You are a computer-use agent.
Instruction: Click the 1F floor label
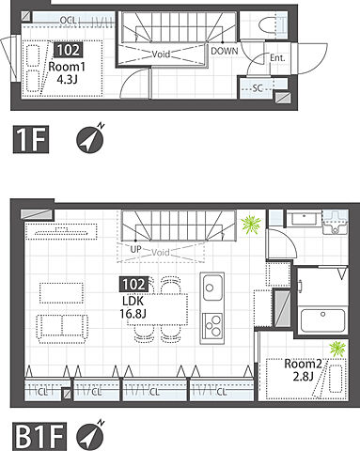31,139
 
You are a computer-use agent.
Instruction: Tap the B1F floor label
39,437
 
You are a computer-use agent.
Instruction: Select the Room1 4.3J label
67,73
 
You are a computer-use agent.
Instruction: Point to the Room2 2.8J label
303,370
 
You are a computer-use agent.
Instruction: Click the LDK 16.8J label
133,307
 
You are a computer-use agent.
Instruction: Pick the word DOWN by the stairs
225,51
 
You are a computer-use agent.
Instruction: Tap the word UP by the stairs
135,249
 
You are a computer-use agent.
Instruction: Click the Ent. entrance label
277,58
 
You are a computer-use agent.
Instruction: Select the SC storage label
258,88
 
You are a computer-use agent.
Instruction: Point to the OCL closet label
68,21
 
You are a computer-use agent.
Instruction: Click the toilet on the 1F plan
270,24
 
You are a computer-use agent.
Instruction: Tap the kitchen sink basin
212,287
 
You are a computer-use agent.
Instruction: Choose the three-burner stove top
212,326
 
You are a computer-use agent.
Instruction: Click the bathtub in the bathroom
322,321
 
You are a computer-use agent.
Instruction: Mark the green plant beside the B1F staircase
251,225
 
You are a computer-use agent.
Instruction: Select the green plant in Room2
337,349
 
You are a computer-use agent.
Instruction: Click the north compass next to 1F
90,139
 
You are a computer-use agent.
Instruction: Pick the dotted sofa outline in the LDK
62,327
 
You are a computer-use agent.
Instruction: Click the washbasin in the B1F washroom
335,224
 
